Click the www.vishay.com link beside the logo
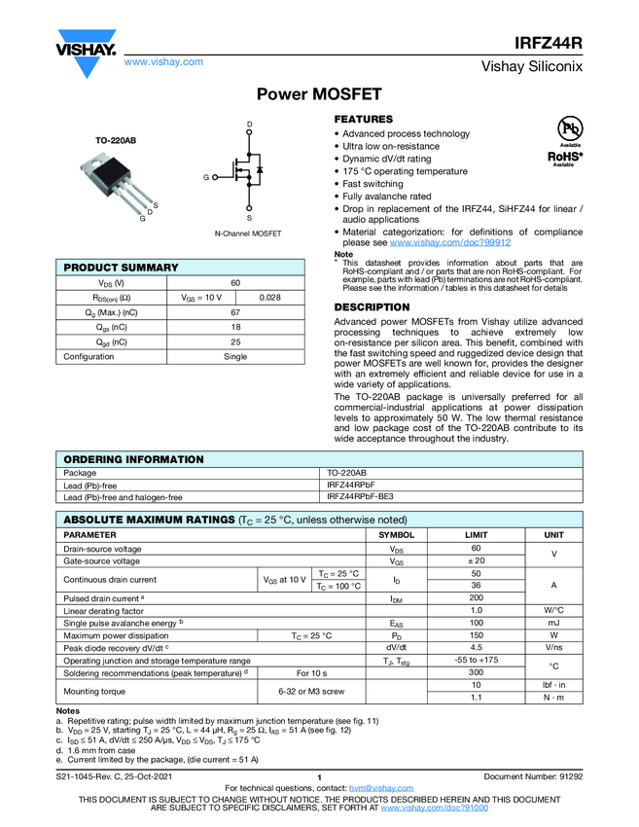click(x=163, y=61)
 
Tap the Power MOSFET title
click(x=318, y=94)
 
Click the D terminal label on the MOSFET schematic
click(x=249, y=126)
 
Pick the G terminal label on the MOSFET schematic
click(x=206, y=178)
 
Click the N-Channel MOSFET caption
click(x=248, y=234)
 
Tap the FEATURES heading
click(x=364, y=119)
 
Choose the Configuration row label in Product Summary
click(x=89, y=357)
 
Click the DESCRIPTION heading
click(x=373, y=307)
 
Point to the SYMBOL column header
click(x=396, y=535)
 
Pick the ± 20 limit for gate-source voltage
click(x=477, y=561)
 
